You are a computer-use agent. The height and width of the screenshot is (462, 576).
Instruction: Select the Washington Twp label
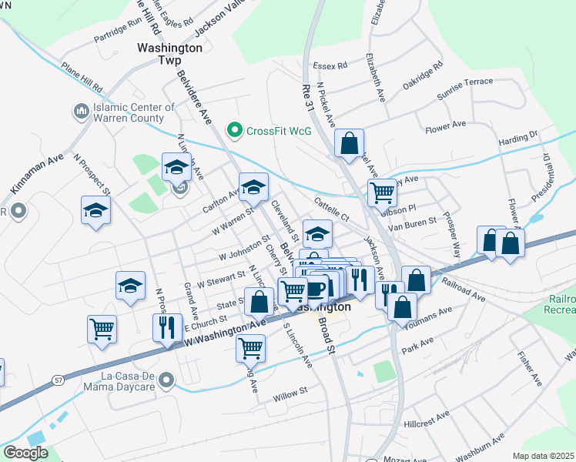pos(169,53)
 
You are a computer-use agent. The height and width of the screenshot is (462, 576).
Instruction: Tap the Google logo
pos(25,453)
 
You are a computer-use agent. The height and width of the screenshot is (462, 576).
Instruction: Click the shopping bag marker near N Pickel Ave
pos(350,143)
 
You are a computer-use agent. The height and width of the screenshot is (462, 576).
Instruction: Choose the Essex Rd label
pos(330,65)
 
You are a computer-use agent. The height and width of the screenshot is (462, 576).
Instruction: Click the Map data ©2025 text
pos(544,456)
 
